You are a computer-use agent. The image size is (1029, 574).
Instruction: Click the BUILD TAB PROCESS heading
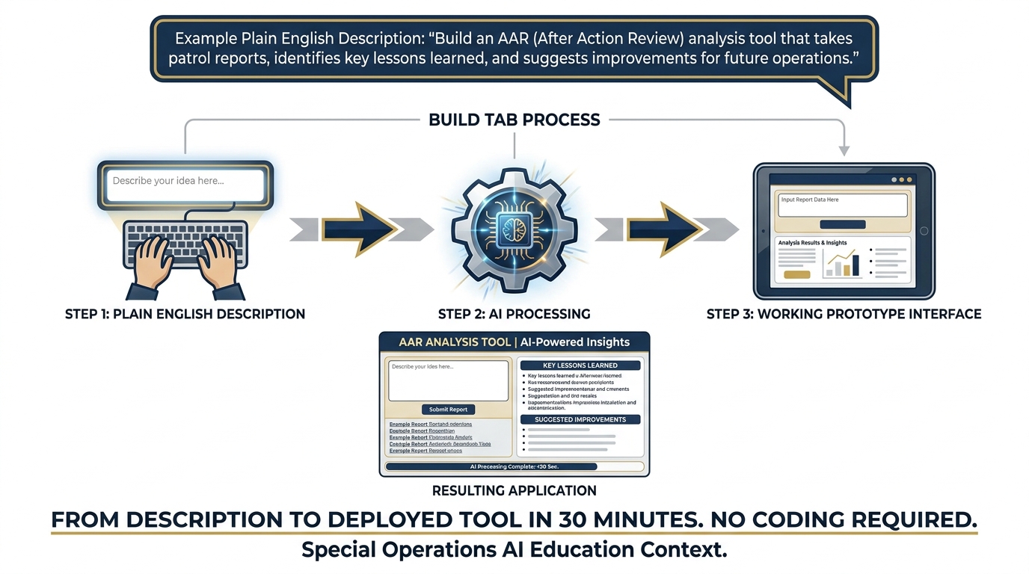pyautogui.click(x=514, y=120)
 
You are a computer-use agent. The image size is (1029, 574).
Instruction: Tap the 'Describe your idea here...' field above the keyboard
pyautogui.click(x=185, y=183)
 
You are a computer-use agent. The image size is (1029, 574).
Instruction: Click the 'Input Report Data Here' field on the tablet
pyautogui.click(x=842, y=205)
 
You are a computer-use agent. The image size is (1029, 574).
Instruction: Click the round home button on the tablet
pyautogui.click(x=924, y=232)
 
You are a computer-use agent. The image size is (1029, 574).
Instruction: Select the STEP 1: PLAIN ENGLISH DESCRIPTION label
pyautogui.click(x=185, y=314)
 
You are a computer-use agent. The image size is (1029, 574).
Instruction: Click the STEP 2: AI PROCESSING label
pyautogui.click(x=514, y=314)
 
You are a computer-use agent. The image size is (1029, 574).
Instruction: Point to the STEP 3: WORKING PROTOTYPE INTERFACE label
pyautogui.click(x=844, y=314)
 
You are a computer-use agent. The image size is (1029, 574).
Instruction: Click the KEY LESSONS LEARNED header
pyautogui.click(x=580, y=365)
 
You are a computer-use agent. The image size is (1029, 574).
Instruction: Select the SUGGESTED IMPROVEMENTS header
pyautogui.click(x=580, y=420)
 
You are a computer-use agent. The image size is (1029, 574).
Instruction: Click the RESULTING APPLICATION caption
pyautogui.click(x=514, y=491)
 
